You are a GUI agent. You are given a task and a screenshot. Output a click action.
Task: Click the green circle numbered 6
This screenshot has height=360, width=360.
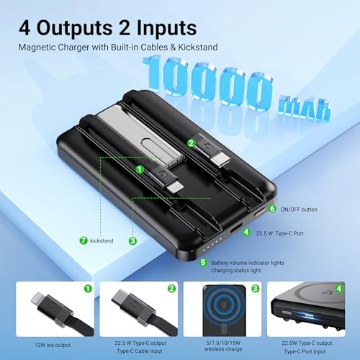272,209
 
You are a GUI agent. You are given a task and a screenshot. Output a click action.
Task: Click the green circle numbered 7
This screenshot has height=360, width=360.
84,239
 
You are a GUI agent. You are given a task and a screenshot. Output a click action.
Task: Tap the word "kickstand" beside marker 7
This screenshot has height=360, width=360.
106,240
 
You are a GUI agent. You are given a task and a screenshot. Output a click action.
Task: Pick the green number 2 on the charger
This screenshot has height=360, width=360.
191,143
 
